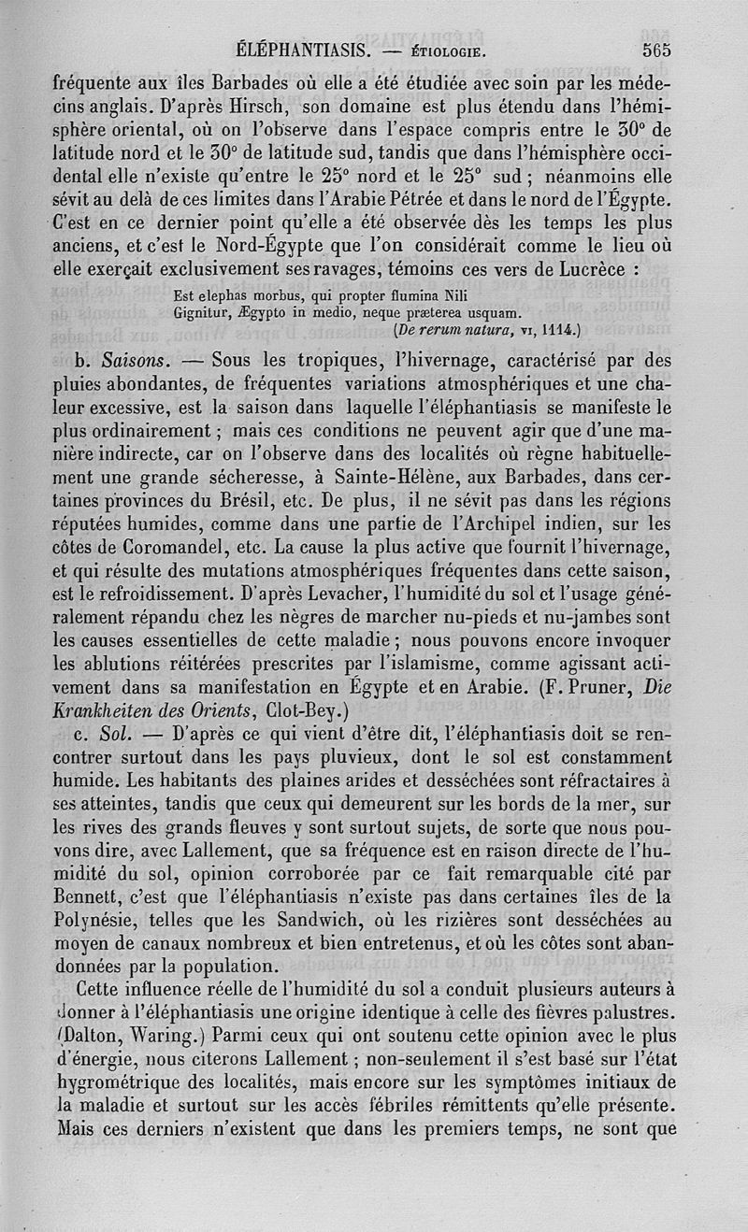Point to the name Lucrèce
tap(596, 269)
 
